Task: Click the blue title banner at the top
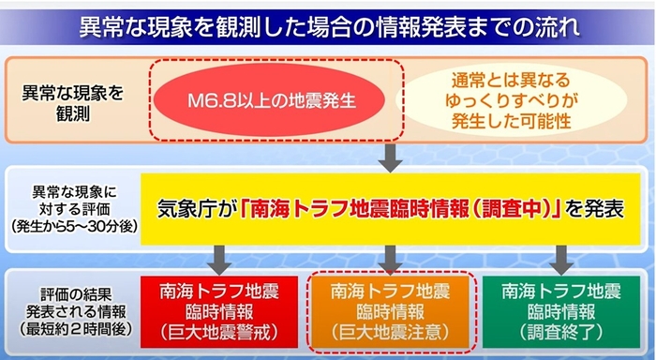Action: click(x=327, y=23)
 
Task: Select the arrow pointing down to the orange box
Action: click(x=392, y=255)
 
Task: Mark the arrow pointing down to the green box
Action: click(x=561, y=255)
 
